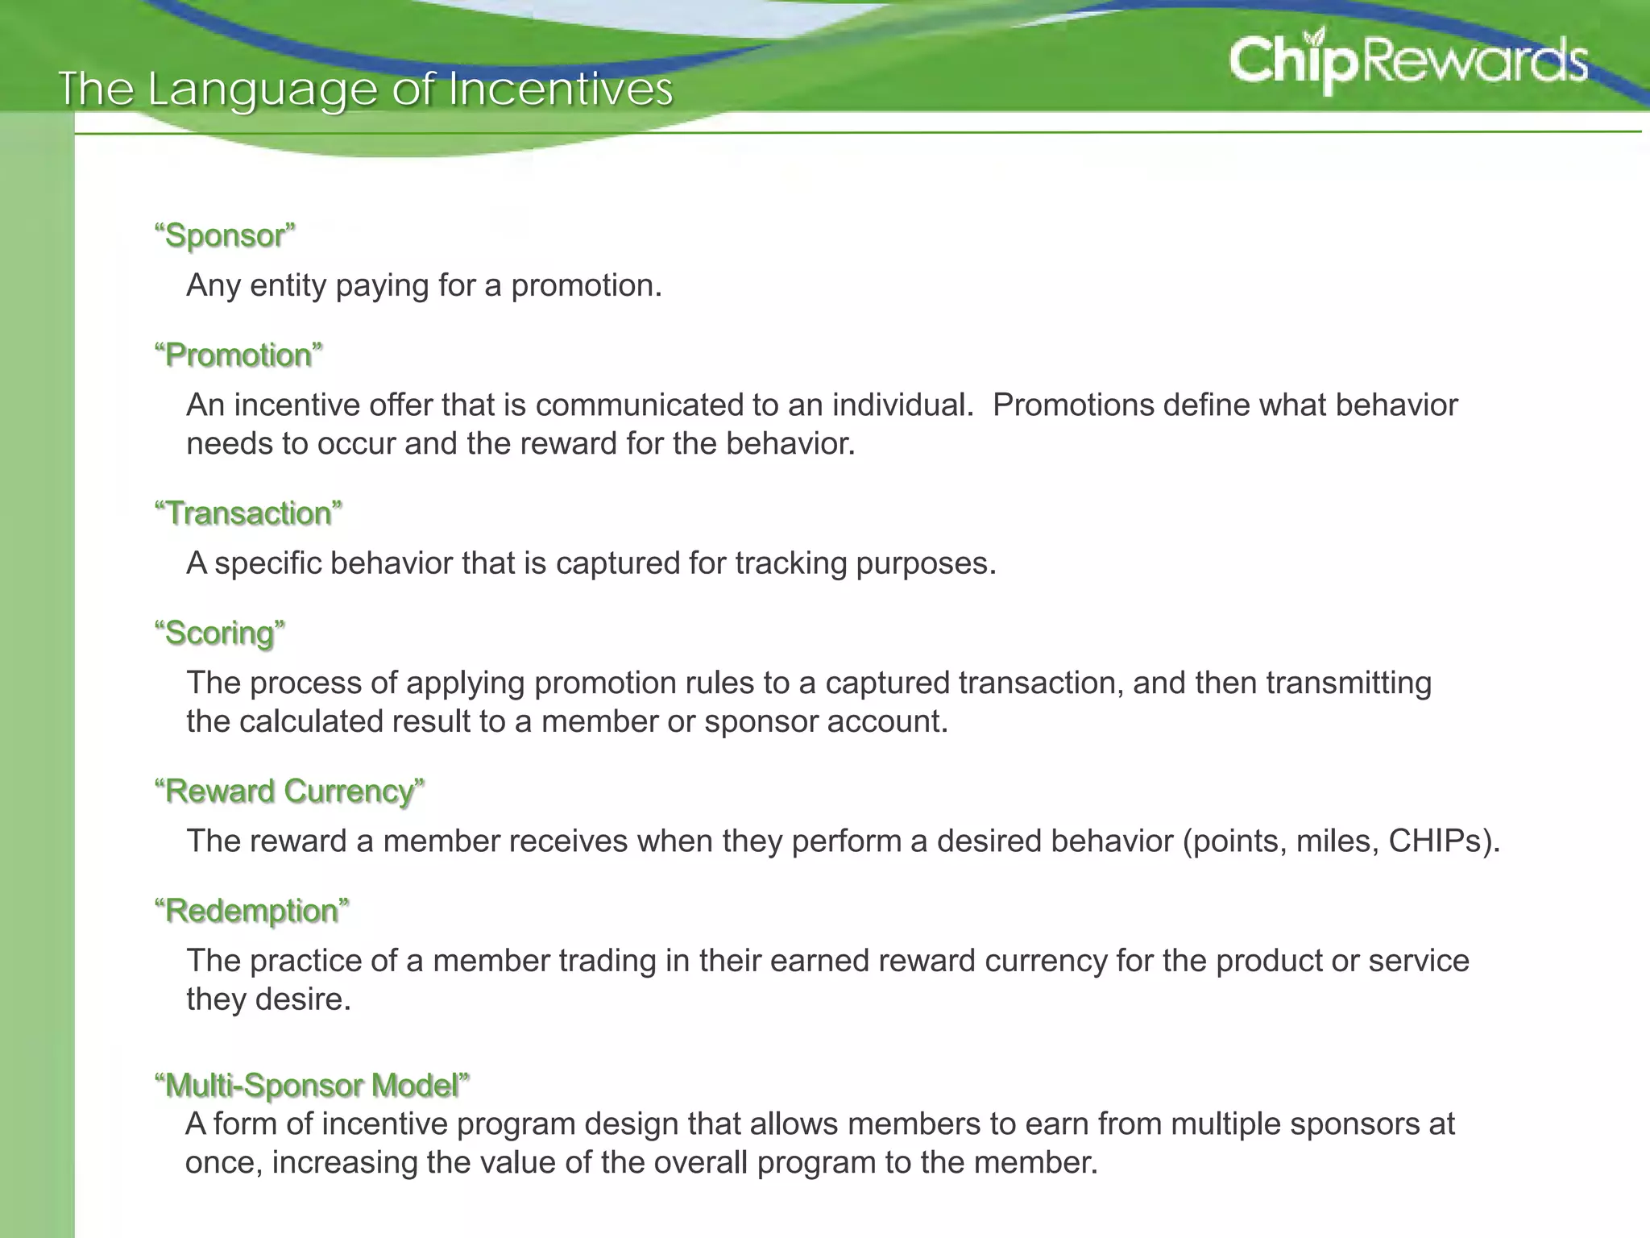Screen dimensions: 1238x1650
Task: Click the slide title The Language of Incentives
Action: [365, 89]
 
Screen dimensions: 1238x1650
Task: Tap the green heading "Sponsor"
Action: [225, 235]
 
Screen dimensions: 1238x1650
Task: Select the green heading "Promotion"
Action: [238, 355]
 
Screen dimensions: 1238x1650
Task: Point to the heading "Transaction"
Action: [248, 513]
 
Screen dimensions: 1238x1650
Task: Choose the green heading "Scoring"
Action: [219, 633]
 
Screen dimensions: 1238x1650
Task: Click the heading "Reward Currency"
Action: [289, 791]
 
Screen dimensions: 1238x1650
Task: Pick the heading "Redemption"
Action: [252, 911]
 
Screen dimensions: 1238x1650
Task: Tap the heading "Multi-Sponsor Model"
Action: [312, 1086]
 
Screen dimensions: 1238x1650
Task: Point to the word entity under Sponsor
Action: [288, 285]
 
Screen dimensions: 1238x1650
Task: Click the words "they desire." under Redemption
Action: [268, 999]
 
